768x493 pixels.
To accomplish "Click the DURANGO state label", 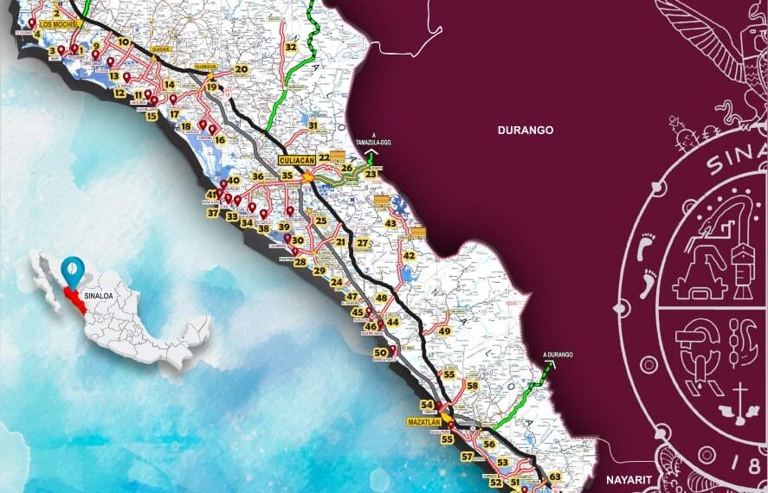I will tap(525, 130).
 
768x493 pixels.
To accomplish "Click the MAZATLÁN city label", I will tap(423, 422).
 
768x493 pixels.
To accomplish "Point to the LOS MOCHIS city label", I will tap(58, 24).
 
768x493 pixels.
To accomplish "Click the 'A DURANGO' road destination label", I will tap(558, 355).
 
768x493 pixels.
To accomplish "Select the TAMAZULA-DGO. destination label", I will tap(375, 143).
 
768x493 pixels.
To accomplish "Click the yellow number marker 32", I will tap(291, 47).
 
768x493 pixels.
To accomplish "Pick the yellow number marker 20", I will tap(242, 69).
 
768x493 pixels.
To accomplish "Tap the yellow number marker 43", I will tap(390, 224).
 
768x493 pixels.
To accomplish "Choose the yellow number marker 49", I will tap(444, 331).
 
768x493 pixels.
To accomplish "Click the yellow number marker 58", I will tap(472, 386).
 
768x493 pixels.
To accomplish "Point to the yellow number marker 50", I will tap(379, 353).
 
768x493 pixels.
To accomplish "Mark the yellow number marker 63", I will tap(555, 477).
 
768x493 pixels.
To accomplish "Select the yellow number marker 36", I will tap(258, 176).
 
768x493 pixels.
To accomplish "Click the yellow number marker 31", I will tap(313, 126).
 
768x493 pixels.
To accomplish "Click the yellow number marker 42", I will tap(409, 256).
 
